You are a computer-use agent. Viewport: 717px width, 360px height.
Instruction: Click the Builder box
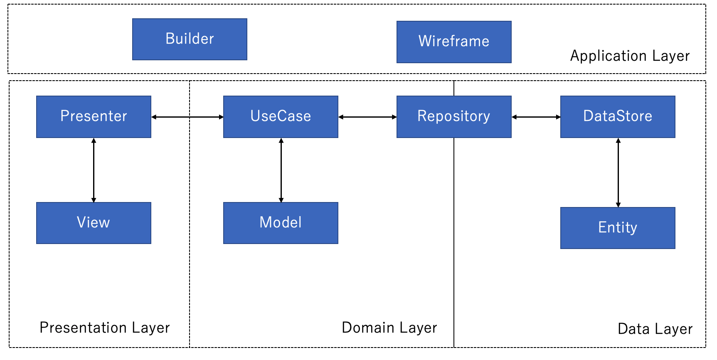point(190,39)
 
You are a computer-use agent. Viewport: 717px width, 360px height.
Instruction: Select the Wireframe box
point(454,42)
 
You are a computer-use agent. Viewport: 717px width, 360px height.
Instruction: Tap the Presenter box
point(94,116)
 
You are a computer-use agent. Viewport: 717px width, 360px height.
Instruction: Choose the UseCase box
point(281,116)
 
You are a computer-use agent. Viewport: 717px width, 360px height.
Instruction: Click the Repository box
point(454,116)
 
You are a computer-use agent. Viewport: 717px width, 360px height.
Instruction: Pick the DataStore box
point(618,116)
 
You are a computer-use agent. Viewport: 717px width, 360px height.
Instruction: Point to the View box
point(94,223)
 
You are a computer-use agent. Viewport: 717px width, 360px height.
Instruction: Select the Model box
point(281,223)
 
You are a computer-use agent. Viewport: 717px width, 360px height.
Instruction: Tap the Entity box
point(618,228)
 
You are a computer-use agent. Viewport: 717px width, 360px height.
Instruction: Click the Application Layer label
point(630,56)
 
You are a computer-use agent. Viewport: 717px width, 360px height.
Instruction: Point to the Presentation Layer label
point(105,328)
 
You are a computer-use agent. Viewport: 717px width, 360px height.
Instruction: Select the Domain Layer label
point(389,328)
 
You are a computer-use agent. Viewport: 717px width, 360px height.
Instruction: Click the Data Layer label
point(655,329)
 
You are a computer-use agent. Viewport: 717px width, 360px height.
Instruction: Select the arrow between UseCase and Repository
point(367,117)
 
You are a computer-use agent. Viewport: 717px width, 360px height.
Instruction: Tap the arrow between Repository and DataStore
point(536,117)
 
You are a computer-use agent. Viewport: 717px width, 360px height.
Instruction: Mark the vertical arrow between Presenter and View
point(94,170)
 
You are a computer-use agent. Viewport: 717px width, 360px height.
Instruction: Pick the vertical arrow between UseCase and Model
point(281,170)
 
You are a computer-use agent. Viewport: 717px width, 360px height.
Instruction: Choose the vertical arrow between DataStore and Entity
point(618,173)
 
